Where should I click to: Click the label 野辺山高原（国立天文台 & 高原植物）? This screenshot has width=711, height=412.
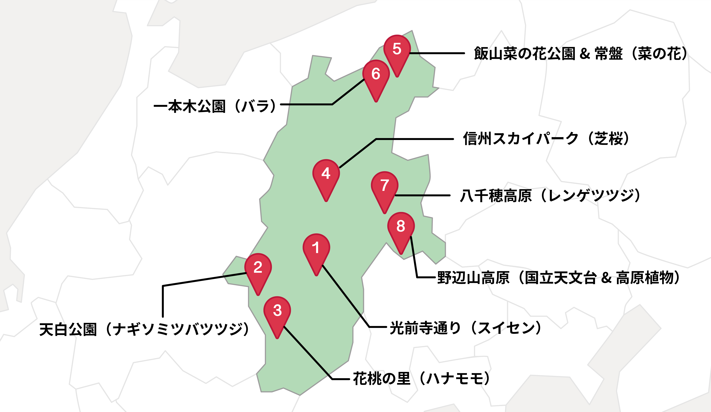click(x=559, y=278)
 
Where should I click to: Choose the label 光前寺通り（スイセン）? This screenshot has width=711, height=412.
click(x=466, y=328)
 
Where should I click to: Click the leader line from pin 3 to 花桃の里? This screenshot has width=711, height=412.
click(x=308, y=353)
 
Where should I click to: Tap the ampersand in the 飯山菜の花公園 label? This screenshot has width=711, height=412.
click(x=585, y=54)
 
